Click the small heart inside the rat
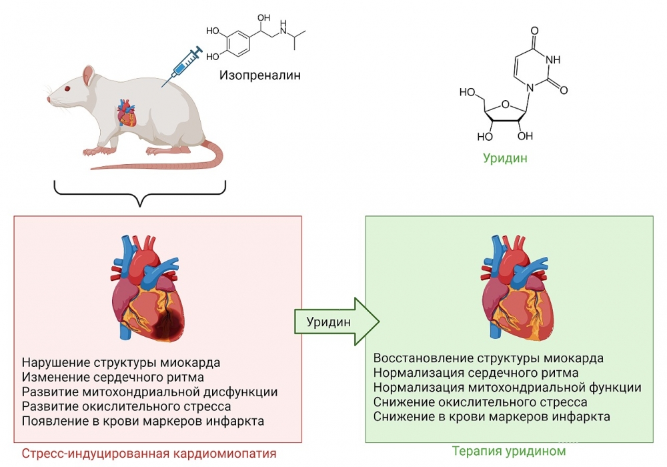point(126,113)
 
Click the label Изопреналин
point(260,75)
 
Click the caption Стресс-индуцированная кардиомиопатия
point(149,454)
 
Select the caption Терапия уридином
point(508,451)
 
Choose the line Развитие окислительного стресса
point(127,406)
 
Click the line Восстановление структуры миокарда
point(489,358)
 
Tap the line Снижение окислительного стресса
point(480,402)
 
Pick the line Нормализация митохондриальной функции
point(508,388)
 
